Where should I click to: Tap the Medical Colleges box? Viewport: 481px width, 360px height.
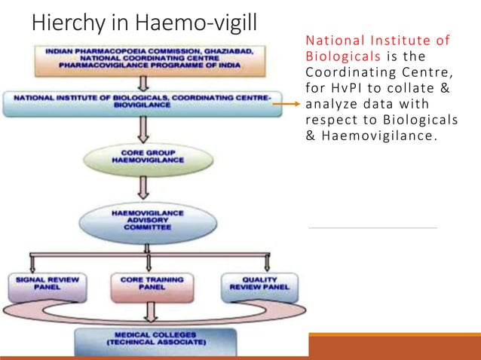pyautogui.click(x=152, y=340)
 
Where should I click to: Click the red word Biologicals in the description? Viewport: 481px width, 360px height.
pyautogui.click(x=334, y=56)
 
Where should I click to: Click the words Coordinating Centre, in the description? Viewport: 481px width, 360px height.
pyautogui.click(x=357, y=73)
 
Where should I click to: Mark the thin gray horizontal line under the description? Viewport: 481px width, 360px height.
pyautogui.click(x=373, y=227)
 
